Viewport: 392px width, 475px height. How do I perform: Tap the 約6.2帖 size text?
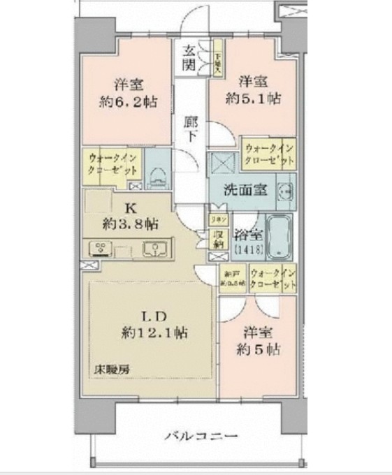127,101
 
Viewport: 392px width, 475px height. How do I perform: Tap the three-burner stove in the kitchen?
101,249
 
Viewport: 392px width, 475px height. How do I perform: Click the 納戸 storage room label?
231,278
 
